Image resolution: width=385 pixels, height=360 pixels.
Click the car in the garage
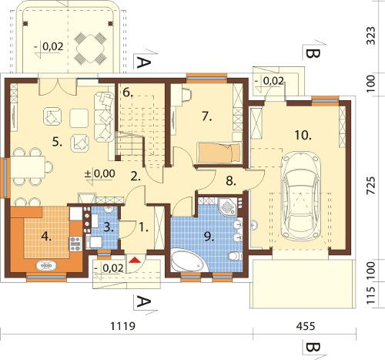click(x=301, y=197)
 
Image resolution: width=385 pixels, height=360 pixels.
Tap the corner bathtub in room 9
click(x=189, y=260)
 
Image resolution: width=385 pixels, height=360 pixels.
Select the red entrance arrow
click(x=135, y=260)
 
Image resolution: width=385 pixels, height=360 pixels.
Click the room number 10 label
click(x=303, y=135)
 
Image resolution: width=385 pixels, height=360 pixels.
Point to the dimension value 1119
click(x=122, y=326)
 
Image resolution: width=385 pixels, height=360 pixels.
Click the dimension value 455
click(x=306, y=326)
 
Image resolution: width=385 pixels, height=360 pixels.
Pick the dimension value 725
click(x=370, y=186)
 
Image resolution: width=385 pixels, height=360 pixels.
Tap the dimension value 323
click(x=370, y=35)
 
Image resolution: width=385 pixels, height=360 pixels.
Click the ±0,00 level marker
click(x=99, y=174)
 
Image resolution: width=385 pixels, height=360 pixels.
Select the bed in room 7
click(x=219, y=153)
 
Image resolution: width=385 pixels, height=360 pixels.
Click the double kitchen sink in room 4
click(x=46, y=265)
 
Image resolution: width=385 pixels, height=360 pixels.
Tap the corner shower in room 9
click(x=227, y=206)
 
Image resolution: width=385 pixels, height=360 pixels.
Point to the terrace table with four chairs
click(x=90, y=49)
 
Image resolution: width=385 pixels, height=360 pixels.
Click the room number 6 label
click(x=128, y=93)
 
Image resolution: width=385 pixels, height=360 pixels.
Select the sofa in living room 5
click(x=104, y=117)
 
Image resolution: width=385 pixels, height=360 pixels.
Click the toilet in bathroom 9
click(x=235, y=256)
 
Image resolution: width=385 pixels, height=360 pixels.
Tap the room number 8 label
click(x=231, y=180)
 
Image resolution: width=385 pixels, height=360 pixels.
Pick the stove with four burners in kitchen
click(x=75, y=244)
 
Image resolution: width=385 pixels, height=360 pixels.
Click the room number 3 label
click(x=109, y=227)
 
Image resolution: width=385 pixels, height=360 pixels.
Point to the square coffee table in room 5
click(x=79, y=118)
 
